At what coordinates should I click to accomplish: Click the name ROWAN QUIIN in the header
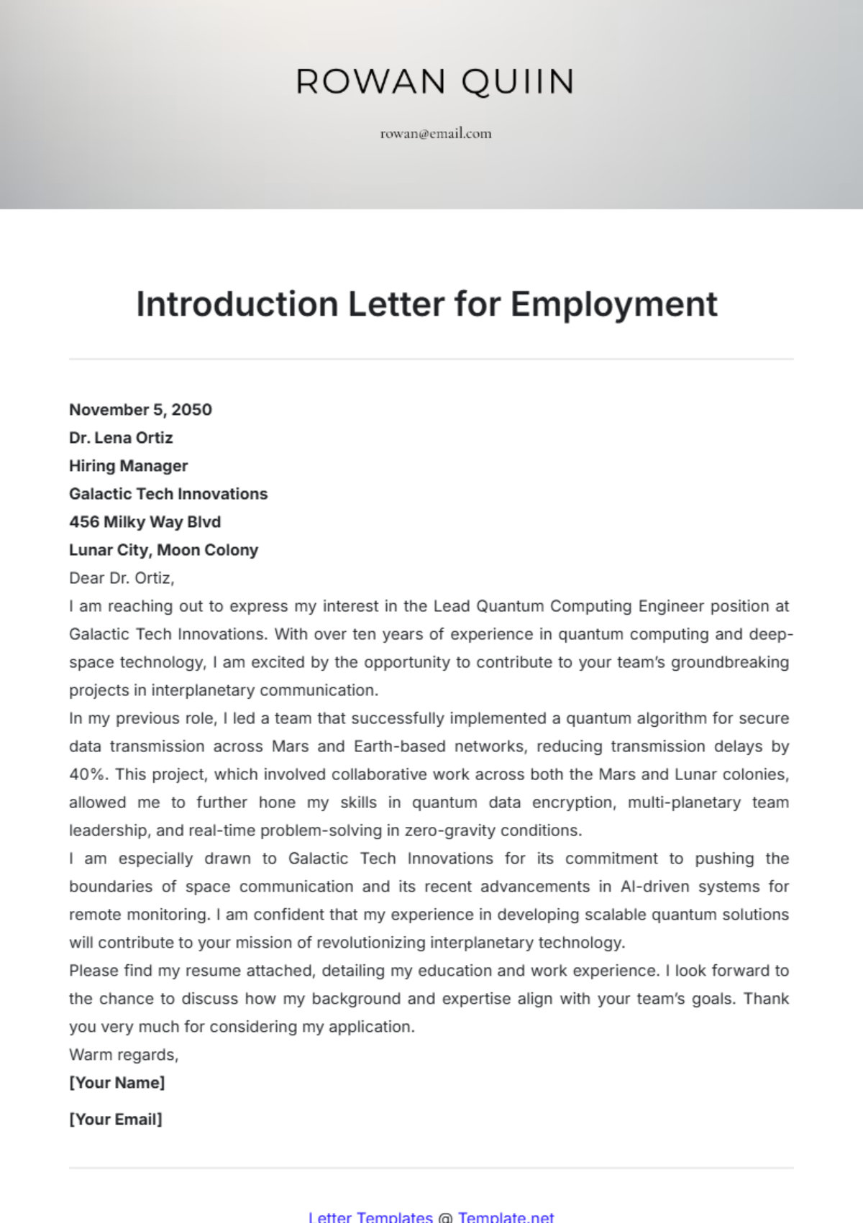[435, 81]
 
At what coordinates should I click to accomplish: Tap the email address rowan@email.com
[436, 133]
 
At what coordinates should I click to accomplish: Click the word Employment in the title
[614, 304]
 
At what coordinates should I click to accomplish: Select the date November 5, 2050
[140, 410]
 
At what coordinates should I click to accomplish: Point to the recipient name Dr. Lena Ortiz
[121, 438]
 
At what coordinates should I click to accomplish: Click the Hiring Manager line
[128, 466]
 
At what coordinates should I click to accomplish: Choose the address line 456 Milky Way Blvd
[145, 522]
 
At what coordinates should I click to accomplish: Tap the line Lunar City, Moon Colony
[163, 550]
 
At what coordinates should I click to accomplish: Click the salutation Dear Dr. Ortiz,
[122, 578]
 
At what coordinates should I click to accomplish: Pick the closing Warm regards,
[124, 1055]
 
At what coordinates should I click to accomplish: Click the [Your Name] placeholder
[117, 1083]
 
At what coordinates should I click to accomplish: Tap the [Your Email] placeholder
[115, 1119]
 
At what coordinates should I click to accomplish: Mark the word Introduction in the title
[237, 304]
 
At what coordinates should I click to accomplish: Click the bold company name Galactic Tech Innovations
[168, 494]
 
